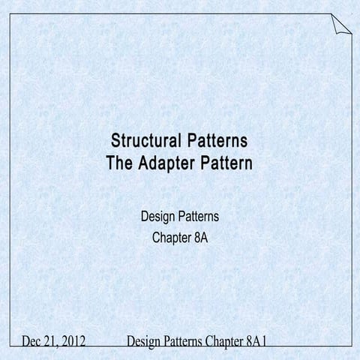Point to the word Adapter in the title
168,161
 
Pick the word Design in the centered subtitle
158,217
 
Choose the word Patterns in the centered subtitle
199,217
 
